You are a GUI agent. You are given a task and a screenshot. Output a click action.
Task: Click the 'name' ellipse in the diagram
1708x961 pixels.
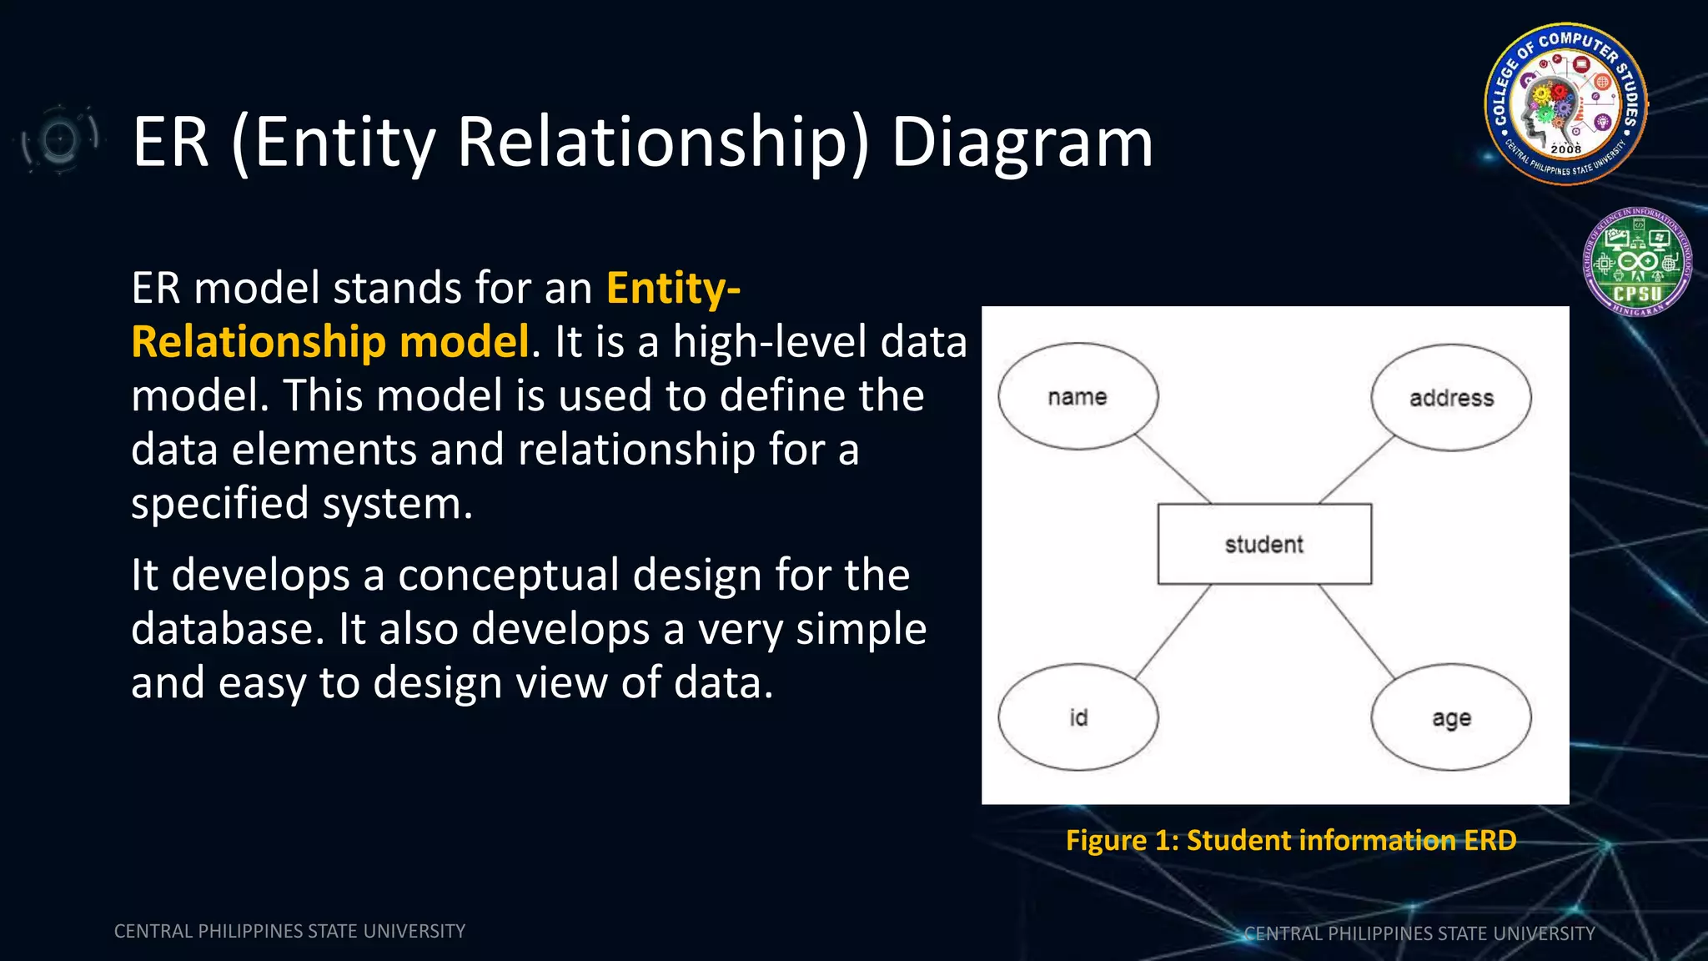tap(1078, 396)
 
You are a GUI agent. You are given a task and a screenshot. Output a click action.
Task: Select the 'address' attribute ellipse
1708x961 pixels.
tap(1451, 398)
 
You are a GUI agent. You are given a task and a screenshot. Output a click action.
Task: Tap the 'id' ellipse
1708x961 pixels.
tap(1078, 717)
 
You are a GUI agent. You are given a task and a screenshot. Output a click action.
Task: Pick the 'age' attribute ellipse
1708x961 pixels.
tap(1451, 717)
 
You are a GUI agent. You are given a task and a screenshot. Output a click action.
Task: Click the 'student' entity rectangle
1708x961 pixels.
tap(1263, 544)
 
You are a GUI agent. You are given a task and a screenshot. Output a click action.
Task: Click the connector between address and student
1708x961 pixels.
tap(1356, 470)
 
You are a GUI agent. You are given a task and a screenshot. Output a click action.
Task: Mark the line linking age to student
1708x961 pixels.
tap(1356, 631)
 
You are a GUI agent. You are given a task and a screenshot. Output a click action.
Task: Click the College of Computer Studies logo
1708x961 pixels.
tap(1565, 103)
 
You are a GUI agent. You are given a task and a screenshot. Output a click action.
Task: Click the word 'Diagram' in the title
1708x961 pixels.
tap(1022, 143)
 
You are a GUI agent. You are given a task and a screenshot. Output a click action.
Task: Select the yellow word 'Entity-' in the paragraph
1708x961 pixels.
tap(673, 289)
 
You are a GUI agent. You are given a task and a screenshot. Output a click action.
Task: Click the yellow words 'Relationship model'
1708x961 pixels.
tap(330, 342)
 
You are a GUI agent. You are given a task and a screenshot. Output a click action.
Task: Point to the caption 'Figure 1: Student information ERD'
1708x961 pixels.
tap(1290, 840)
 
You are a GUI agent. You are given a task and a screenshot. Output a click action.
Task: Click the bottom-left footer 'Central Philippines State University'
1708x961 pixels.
tap(289, 931)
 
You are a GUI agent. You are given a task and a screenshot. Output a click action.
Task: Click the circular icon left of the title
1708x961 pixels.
tap(59, 139)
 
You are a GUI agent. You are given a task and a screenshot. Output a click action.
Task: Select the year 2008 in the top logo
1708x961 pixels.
tap(1565, 149)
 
